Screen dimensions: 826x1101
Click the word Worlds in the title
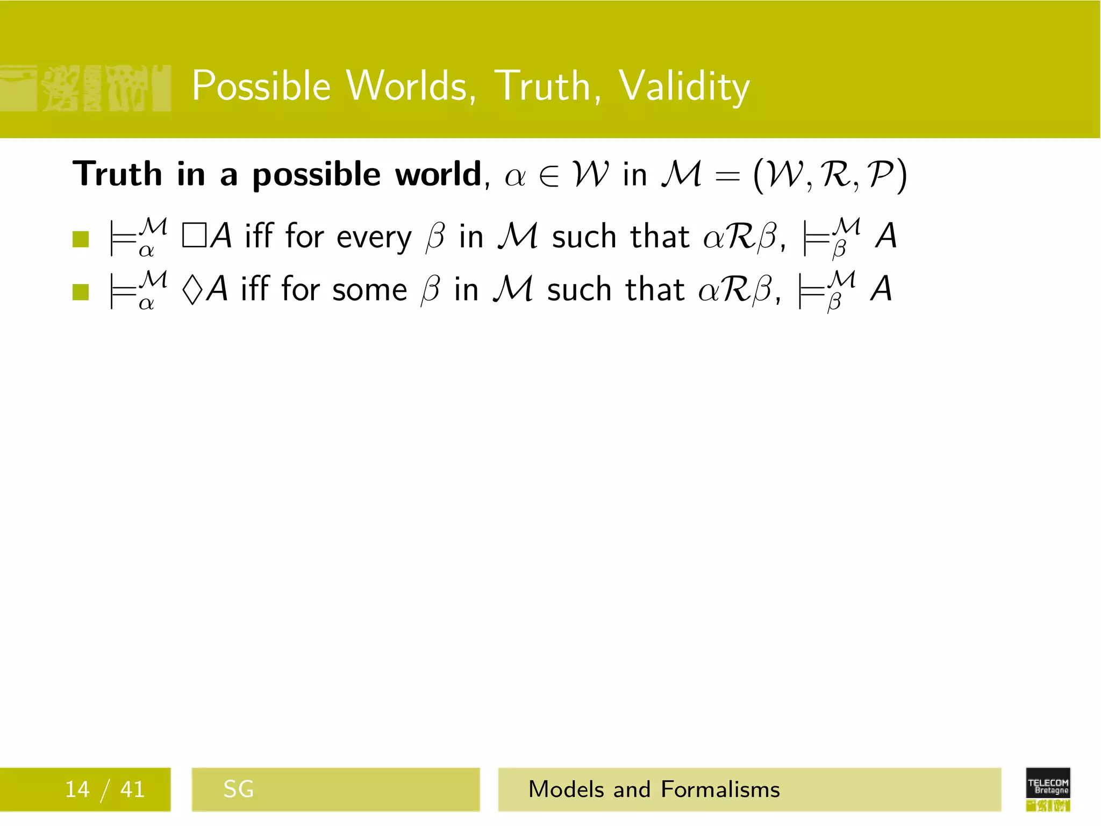tap(410, 86)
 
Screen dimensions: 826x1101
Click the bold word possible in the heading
tap(317, 175)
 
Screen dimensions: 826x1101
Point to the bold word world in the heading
tap(438, 174)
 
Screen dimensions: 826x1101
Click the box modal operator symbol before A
tap(194, 236)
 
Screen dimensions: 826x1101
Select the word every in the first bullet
tap(374, 238)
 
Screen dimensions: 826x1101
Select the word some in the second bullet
tap(369, 290)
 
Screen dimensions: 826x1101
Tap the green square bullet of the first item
tap(80, 239)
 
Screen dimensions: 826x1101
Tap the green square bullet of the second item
tap(80, 292)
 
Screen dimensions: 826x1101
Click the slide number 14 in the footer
tap(77, 789)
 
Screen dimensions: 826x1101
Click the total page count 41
tap(132, 789)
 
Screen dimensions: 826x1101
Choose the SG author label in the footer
tap(238, 789)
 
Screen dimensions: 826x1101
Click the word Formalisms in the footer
tap(720, 789)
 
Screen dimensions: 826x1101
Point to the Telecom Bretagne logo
tap(1048, 789)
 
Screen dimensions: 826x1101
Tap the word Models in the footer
tap(567, 789)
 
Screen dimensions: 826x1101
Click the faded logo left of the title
tap(86, 88)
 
